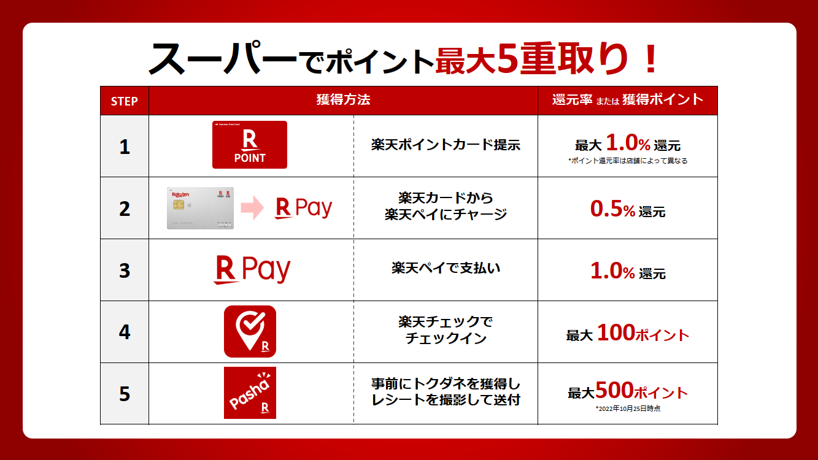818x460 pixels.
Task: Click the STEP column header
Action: tap(124, 101)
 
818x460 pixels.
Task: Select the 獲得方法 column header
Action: tap(343, 99)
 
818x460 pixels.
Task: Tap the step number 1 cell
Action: tap(125, 147)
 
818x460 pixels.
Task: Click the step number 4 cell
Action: tap(125, 332)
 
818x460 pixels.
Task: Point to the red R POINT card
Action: tap(250, 145)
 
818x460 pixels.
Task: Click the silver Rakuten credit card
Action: tap(200, 208)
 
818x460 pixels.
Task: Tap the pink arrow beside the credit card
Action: tap(252, 208)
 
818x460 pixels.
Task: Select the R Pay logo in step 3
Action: tap(252, 269)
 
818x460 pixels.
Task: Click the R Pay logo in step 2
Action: tap(304, 208)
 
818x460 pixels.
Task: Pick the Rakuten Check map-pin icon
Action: tap(250, 331)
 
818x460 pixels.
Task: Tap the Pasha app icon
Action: tap(250, 393)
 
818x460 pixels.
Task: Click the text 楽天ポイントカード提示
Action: tap(446, 145)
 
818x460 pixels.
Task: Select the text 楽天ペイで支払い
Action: tap(446, 268)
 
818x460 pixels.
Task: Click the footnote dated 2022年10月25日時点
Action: tap(628, 408)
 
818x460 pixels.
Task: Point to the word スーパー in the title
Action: tap(223, 58)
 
